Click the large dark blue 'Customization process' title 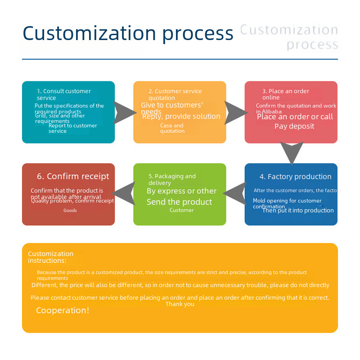tap(128, 33)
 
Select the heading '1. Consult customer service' tap(63, 94)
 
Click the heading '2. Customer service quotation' tap(175, 94)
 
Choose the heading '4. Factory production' tap(295, 176)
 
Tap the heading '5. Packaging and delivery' tap(172, 180)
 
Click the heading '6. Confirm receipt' tap(73, 176)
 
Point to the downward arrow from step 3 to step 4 tap(292, 152)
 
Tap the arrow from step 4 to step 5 tap(235, 193)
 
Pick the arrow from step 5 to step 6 tap(124, 193)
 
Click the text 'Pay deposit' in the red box tap(294, 126)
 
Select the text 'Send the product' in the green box tap(179, 202)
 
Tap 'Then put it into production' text tap(298, 210)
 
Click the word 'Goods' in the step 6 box tap(70, 210)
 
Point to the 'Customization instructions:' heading tap(50, 257)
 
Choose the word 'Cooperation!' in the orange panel tap(63, 310)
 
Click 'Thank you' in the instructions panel tap(180, 304)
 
